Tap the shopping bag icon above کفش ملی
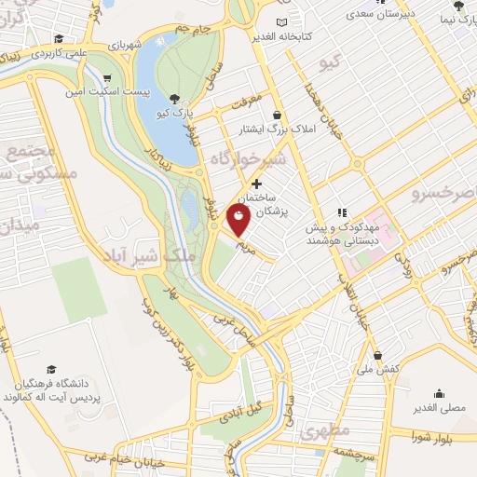coord(377,355)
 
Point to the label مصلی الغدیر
coord(438,408)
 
